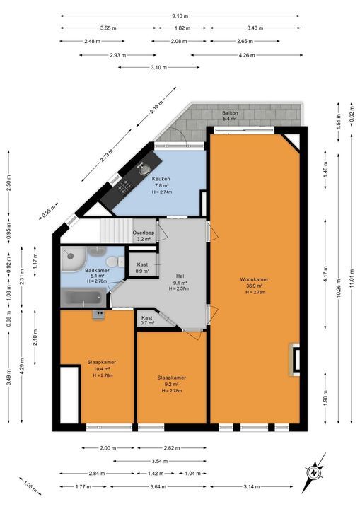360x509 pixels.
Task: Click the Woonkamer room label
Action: point(254,279)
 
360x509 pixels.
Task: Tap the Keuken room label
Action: point(161,179)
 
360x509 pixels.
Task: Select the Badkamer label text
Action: point(97,270)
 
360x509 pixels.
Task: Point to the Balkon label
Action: point(230,113)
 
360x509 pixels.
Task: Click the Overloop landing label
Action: point(144,233)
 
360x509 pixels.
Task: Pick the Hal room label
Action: point(180,276)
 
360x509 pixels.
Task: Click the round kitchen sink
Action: point(144,168)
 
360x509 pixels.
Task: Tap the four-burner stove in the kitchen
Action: point(124,186)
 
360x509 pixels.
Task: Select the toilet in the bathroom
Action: point(112,262)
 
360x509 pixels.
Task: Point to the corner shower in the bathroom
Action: point(73,259)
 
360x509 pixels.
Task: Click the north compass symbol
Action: point(313,473)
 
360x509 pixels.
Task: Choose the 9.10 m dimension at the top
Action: point(180,16)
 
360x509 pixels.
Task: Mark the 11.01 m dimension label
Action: point(352,279)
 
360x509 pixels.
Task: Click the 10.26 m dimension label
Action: point(339,288)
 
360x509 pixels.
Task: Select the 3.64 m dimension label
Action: point(158,486)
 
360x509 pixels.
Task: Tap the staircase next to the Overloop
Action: point(116,230)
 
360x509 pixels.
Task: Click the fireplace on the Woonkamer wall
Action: point(294,359)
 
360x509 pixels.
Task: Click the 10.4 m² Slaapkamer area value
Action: point(102,369)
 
